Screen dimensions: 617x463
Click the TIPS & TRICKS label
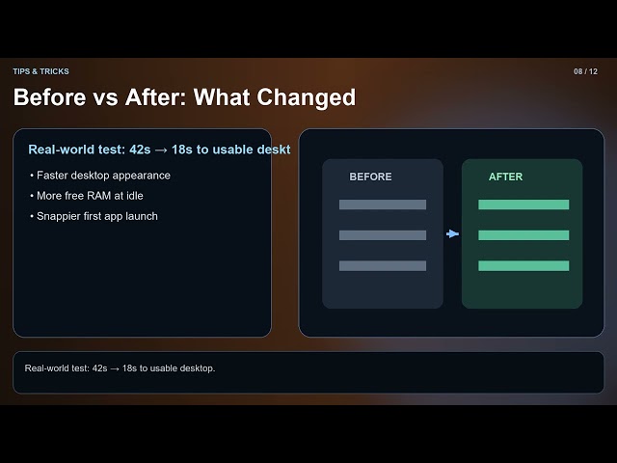pos(40,71)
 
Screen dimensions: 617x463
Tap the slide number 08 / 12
pos(585,71)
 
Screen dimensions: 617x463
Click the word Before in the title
pos(49,96)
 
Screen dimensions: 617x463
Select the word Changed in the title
pos(307,97)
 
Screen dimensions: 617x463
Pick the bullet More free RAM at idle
pos(87,196)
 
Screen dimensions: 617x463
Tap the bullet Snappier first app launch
pos(94,216)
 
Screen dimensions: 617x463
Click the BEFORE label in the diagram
pos(370,177)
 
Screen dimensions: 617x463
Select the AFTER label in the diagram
pos(505,177)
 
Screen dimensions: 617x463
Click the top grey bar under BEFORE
pos(383,204)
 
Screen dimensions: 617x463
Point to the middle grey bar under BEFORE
pos(383,235)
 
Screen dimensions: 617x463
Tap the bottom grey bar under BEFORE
pos(383,266)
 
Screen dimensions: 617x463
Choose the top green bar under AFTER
pos(523,204)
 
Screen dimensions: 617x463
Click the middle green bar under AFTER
pos(523,235)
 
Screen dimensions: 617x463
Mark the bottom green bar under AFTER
pos(523,266)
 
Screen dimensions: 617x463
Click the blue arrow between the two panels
pos(452,233)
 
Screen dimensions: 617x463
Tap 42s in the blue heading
pos(140,150)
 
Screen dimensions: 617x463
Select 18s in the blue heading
pos(182,150)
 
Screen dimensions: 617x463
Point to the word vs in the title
pos(105,98)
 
